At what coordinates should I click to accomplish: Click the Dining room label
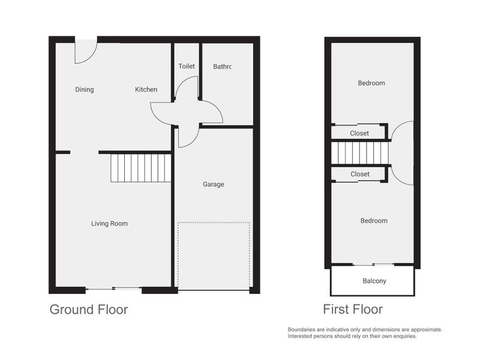85,89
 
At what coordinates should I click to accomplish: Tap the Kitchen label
146,89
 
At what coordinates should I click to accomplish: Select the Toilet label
187,66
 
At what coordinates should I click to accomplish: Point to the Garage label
214,184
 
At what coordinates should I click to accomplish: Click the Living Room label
109,223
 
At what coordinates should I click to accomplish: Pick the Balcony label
374,281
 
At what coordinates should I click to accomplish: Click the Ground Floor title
89,310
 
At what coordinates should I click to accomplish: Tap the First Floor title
353,309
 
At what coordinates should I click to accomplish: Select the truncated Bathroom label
222,67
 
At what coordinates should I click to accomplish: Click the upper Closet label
359,133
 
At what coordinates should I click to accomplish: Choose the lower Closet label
360,174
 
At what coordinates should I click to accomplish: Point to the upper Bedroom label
371,83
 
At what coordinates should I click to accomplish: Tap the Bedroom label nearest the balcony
374,221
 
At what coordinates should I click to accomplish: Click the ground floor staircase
140,168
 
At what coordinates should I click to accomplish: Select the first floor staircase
360,153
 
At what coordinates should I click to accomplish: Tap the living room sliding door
113,289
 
